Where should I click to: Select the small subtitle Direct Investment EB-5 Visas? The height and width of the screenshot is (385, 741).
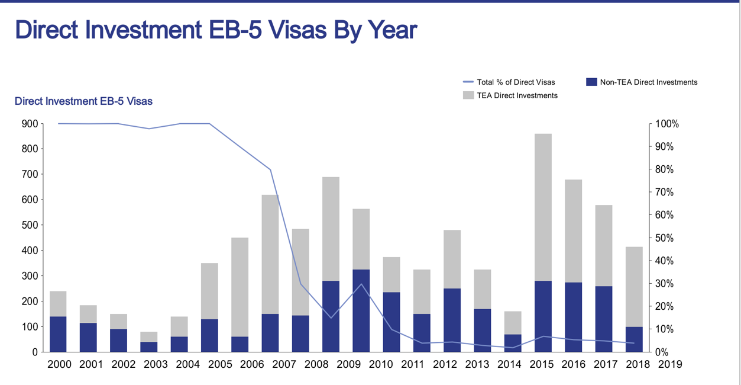tap(83, 101)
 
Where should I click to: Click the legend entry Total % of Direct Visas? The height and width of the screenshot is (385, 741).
tap(516, 82)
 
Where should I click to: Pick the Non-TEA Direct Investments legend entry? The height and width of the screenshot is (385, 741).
tap(649, 82)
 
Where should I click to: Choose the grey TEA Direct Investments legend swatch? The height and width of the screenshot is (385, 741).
tap(468, 95)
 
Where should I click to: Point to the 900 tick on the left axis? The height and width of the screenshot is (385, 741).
tap(30, 124)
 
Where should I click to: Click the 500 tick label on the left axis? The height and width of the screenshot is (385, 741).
tap(30, 225)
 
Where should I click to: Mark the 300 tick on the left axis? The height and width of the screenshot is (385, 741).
tap(30, 276)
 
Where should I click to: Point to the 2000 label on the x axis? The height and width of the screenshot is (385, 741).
tap(59, 364)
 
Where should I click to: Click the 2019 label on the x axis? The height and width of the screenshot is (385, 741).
tap(669, 364)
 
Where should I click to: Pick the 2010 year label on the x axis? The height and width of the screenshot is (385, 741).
tap(380, 364)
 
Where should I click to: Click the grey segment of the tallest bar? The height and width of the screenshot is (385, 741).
tap(543, 207)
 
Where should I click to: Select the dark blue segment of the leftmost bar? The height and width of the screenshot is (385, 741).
tap(58, 334)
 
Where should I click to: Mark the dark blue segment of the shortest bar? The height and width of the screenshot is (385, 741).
tap(149, 346)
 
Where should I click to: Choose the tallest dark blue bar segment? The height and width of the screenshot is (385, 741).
tap(361, 311)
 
